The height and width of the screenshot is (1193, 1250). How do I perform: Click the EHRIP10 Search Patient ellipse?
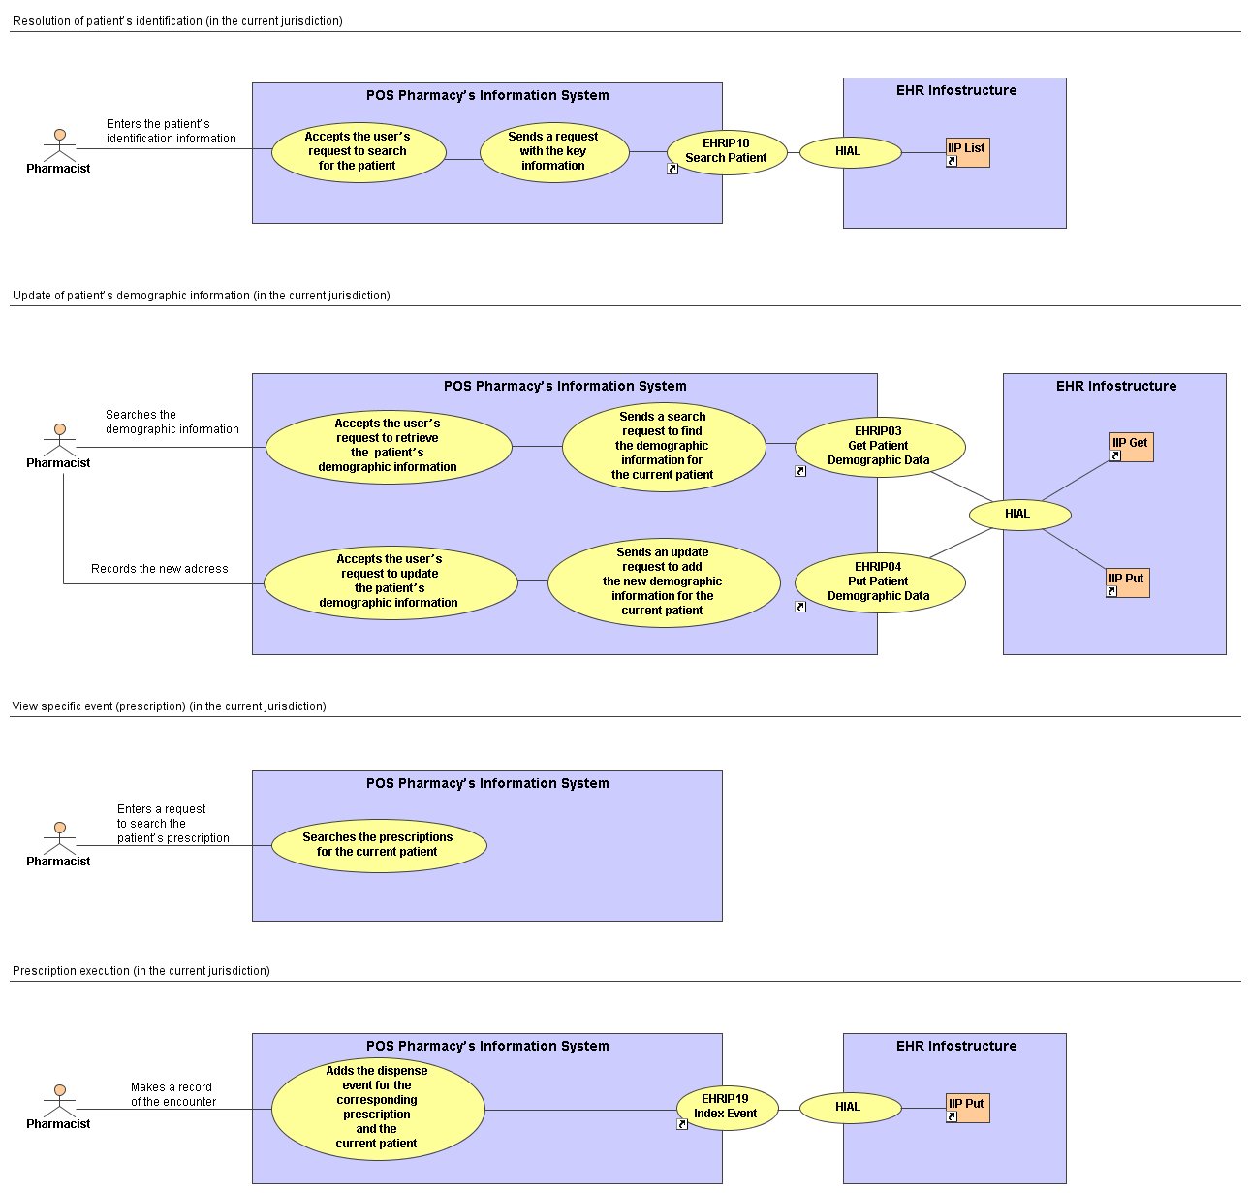[x=726, y=152]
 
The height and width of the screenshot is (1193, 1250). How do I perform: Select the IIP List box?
[x=967, y=152]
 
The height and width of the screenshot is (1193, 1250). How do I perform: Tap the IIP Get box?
[x=1131, y=447]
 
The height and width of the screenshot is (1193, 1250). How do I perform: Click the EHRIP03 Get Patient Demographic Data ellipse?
[x=879, y=447]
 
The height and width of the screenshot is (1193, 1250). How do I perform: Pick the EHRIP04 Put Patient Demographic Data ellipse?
[x=879, y=581]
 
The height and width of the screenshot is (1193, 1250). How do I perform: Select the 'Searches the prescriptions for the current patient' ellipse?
[x=379, y=845]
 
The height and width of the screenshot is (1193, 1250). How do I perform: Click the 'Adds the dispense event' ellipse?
[x=378, y=1109]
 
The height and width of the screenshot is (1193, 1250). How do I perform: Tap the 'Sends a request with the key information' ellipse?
[x=554, y=151]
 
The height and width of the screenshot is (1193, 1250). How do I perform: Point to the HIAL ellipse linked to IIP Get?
[x=1019, y=515]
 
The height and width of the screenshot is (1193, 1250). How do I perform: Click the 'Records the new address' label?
[x=160, y=569]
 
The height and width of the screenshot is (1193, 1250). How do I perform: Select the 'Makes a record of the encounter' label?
[x=172, y=1094]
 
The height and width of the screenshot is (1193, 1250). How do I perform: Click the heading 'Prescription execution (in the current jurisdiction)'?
[x=141, y=970]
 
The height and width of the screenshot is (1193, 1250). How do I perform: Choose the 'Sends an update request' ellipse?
[x=663, y=581]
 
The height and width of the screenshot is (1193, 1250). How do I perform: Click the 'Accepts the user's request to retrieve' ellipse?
[x=389, y=447]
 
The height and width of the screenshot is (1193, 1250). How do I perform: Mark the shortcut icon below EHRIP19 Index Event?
[x=681, y=1124]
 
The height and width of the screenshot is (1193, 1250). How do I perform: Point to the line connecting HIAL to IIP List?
[x=923, y=152]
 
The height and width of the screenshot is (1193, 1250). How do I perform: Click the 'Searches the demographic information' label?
[x=172, y=422]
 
